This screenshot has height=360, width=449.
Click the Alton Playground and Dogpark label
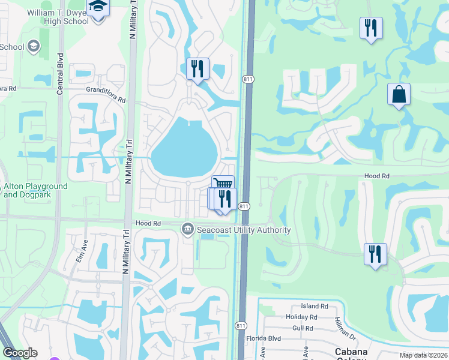(35, 191)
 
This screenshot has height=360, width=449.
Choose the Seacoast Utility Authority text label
(244, 230)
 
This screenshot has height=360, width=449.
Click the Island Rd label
(316, 306)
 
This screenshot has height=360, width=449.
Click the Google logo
(20, 353)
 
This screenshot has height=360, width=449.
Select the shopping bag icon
(399, 94)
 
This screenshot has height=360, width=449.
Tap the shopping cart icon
(223, 184)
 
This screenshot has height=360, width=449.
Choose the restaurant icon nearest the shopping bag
(371, 28)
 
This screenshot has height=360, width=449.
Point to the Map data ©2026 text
(424, 355)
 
